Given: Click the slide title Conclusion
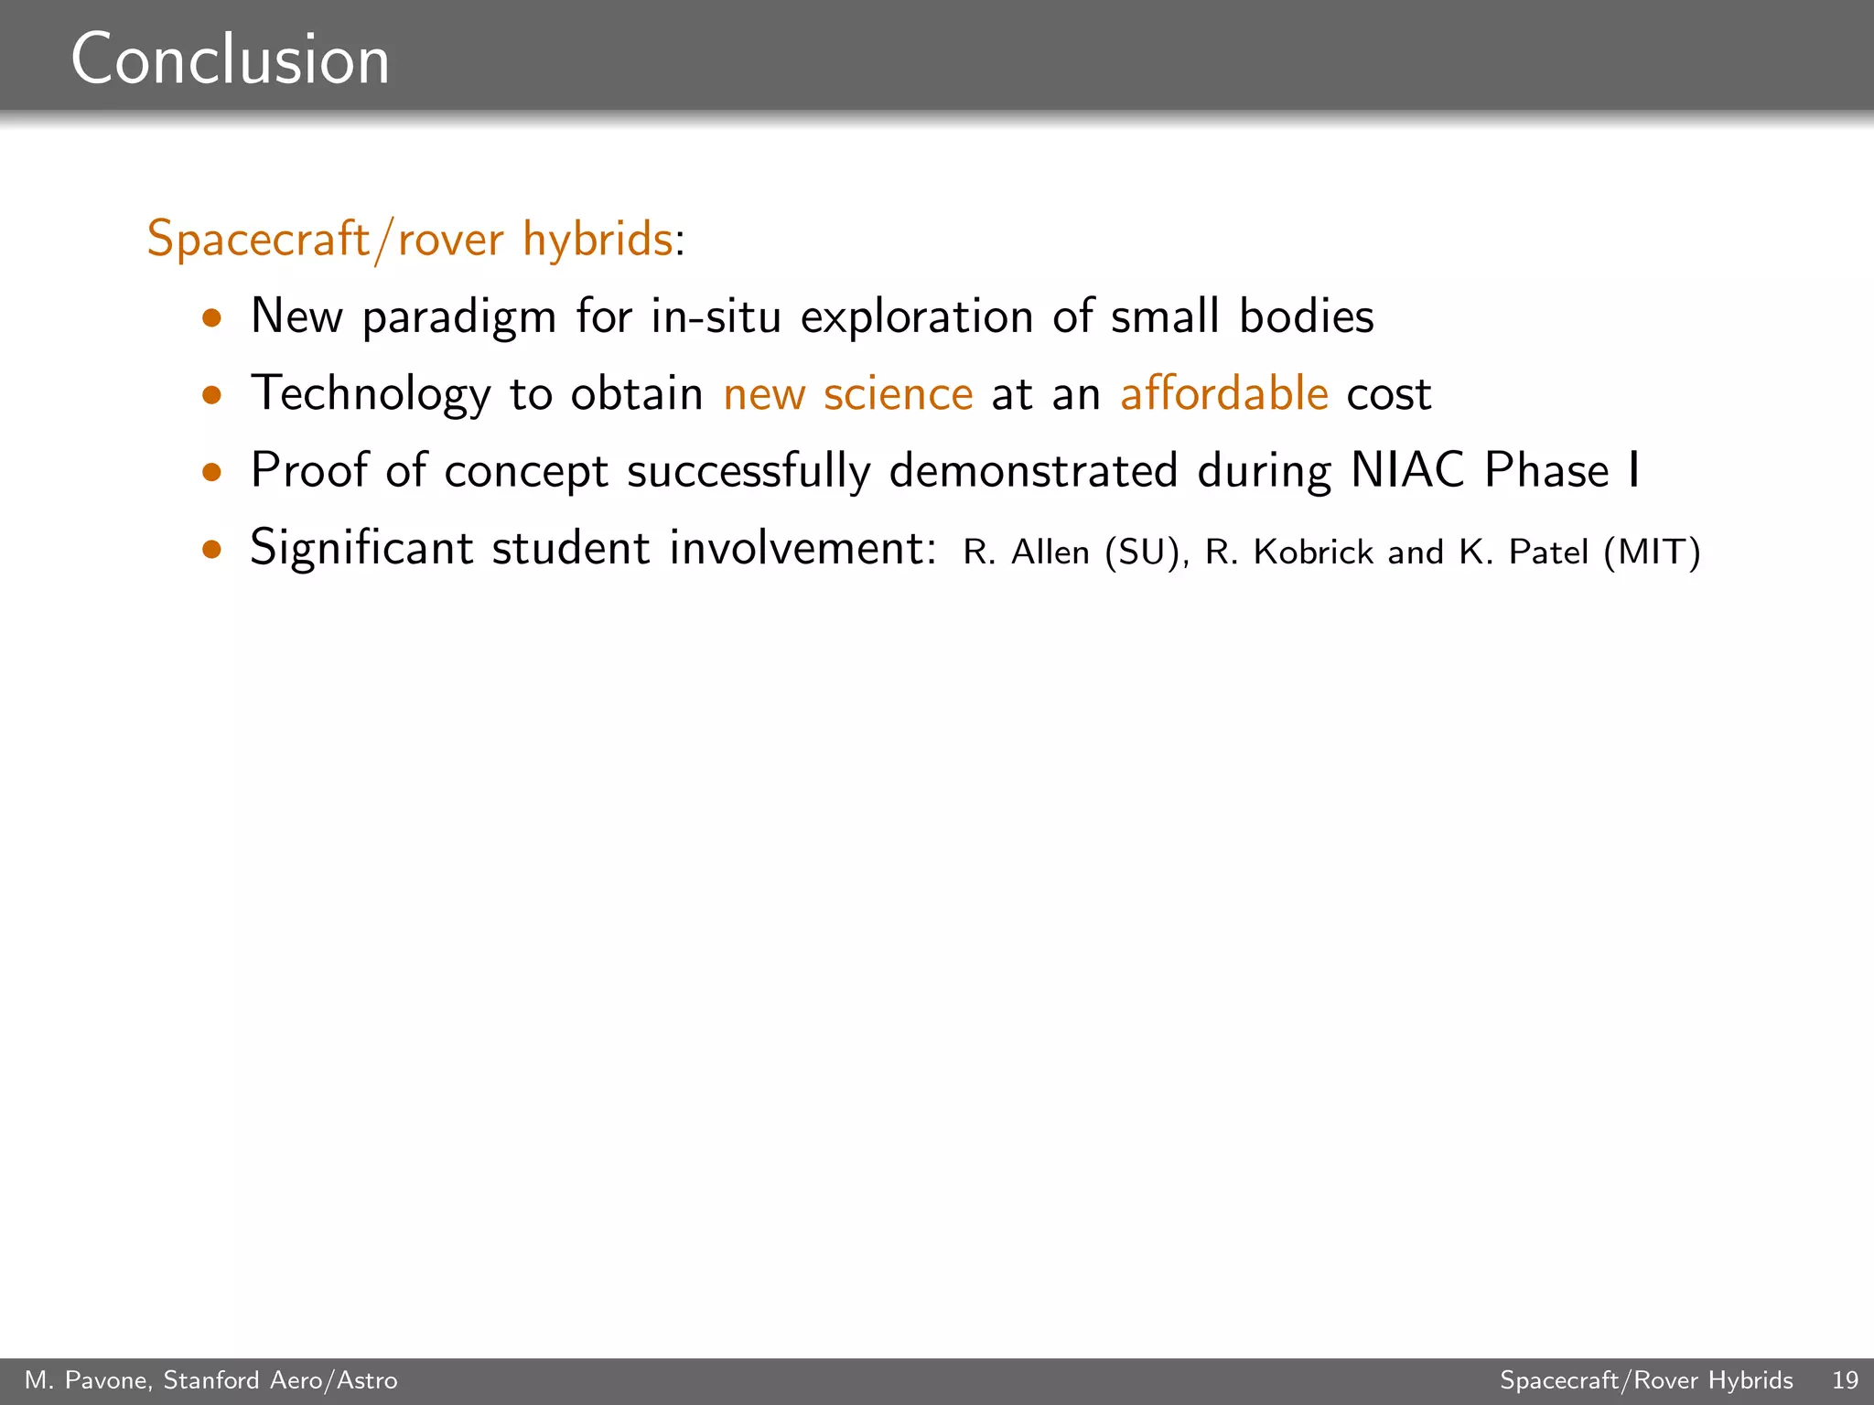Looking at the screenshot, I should click(x=231, y=60).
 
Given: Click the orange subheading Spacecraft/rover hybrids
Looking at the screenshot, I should click(x=410, y=240).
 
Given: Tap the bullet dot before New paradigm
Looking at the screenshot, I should click(x=213, y=318).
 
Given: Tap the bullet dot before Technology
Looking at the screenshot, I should click(x=213, y=395).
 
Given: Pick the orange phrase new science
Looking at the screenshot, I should click(x=847, y=394).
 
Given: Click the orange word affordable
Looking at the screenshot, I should click(x=1223, y=393).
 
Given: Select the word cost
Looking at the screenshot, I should click(x=1388, y=395).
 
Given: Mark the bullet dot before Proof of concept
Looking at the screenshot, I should click(x=213, y=472).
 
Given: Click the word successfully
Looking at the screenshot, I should click(x=749, y=472).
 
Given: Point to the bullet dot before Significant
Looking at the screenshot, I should click(x=213, y=549).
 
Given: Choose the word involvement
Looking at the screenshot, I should click(x=802, y=548).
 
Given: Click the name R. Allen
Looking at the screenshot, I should click(x=1026, y=552).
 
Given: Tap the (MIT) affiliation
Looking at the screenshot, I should click(x=1652, y=552).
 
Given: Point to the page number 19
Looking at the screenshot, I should click(x=1845, y=1380).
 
